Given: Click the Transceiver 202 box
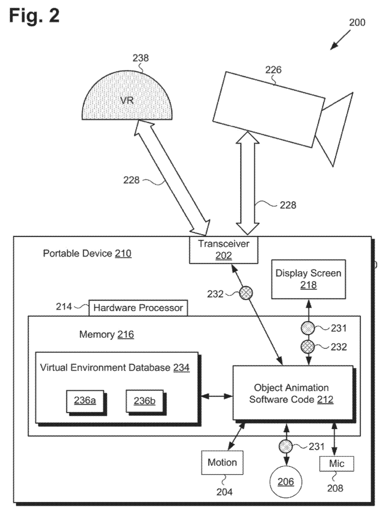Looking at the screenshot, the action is (x=223, y=250).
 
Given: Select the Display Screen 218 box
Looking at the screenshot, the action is (x=309, y=279).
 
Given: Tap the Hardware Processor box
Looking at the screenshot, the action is (x=138, y=308).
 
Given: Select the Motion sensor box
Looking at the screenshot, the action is (x=222, y=463).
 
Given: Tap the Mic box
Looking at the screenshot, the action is (x=337, y=463).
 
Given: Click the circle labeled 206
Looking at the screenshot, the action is (x=286, y=482).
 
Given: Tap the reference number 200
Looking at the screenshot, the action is (x=357, y=22).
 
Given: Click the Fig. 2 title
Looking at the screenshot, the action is (x=34, y=15).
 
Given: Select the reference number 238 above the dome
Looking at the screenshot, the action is (x=141, y=58).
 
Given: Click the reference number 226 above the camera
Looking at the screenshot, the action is (x=273, y=70).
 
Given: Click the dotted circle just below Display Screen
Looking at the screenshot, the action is (x=308, y=328).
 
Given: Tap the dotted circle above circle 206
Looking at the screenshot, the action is (x=286, y=446).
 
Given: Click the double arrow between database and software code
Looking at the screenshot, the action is (x=217, y=396).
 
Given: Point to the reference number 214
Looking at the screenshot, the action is (x=64, y=307).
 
